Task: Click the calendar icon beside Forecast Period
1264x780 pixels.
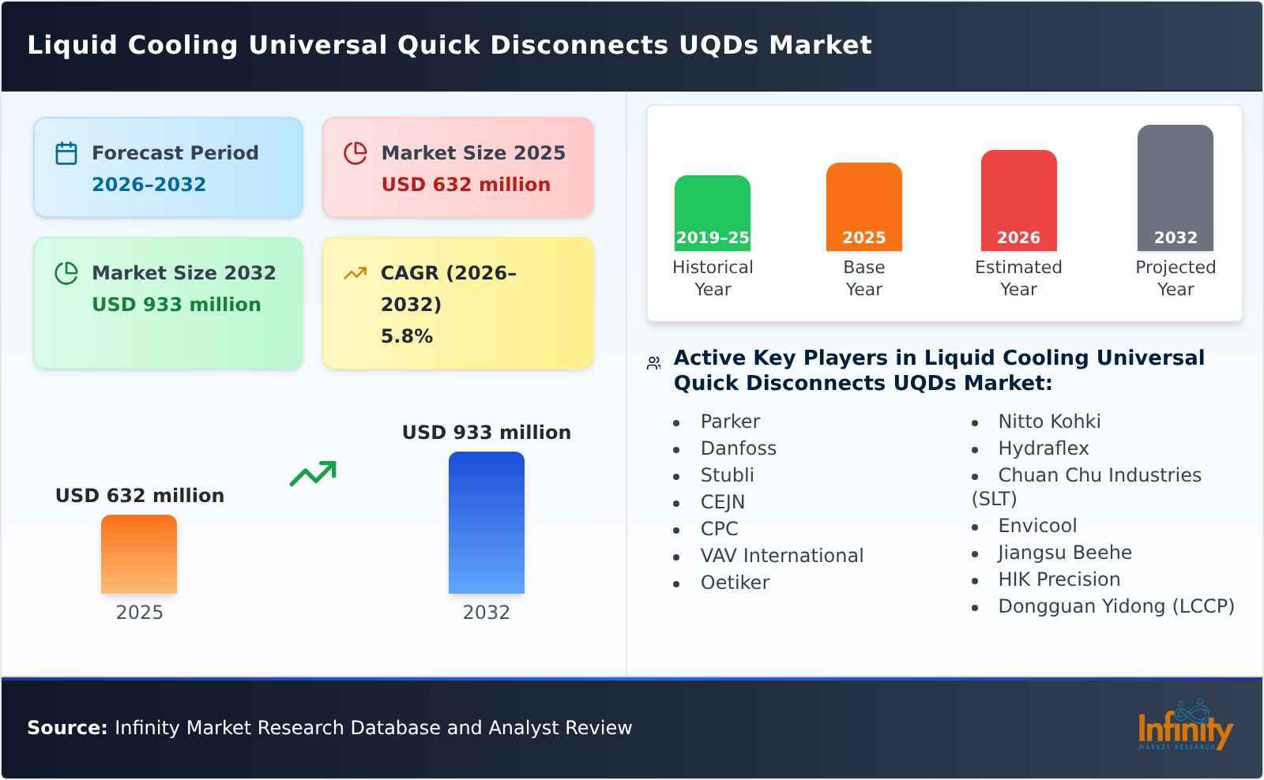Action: coord(66,153)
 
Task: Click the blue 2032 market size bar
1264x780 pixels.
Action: coord(486,522)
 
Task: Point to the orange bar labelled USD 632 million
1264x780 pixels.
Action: coord(139,553)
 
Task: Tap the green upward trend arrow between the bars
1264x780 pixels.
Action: coord(313,473)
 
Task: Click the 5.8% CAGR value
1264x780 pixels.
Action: coord(406,336)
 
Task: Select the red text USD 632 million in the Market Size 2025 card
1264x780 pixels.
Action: coord(465,185)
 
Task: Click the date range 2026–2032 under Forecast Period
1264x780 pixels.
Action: coord(149,185)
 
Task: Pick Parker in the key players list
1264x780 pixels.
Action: coord(730,422)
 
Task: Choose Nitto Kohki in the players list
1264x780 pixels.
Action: coord(1048,422)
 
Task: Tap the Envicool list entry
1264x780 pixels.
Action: coord(1036,526)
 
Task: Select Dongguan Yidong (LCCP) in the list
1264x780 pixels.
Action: coord(1115,606)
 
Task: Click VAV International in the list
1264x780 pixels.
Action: coord(781,556)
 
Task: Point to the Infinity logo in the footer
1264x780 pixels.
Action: coord(1184,726)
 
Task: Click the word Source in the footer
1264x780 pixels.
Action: coord(66,728)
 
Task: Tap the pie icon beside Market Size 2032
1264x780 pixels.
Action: coord(66,273)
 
